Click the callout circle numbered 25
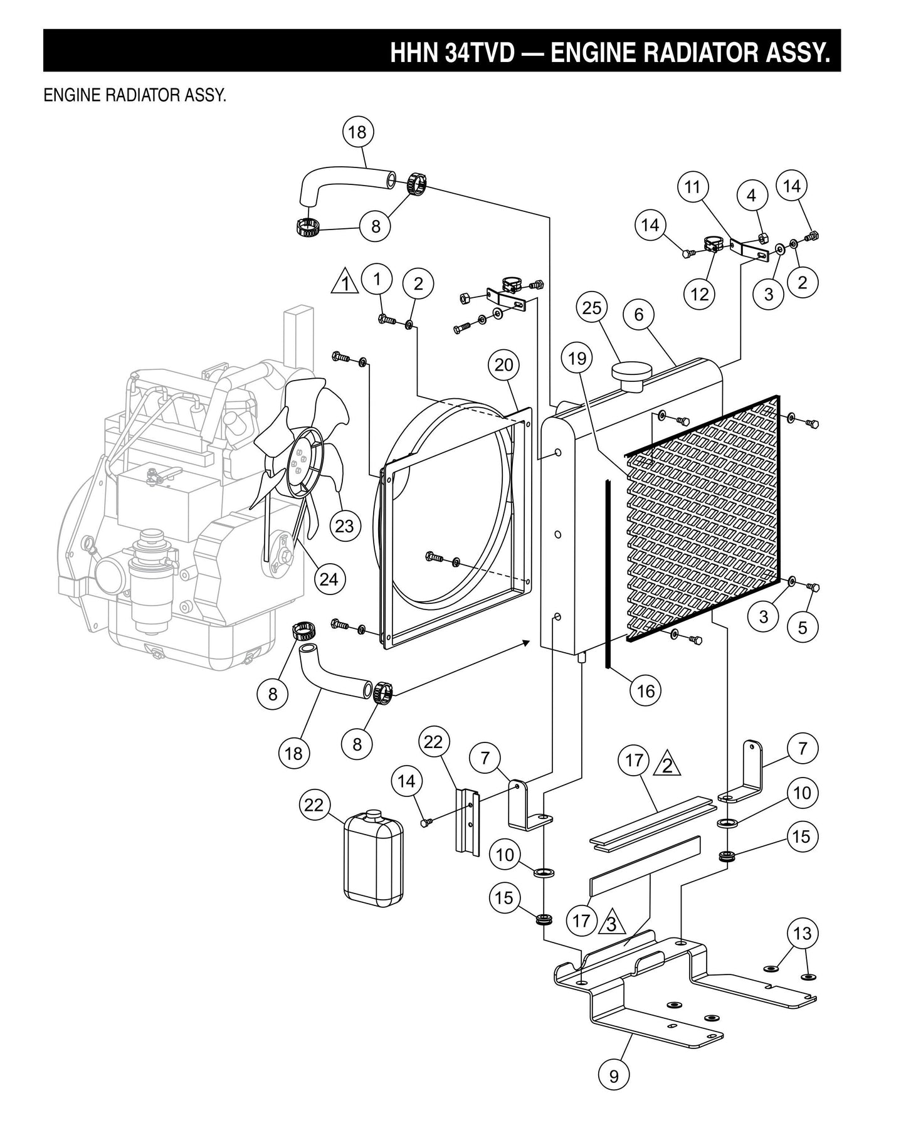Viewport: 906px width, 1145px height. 592,308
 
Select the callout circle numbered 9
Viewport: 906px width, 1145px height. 614,1075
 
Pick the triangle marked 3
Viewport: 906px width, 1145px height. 611,924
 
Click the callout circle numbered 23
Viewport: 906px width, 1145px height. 344,525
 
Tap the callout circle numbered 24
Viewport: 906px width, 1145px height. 329,579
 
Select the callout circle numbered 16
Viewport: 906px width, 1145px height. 645,690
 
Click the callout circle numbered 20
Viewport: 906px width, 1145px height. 504,364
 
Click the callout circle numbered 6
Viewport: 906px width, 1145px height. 639,314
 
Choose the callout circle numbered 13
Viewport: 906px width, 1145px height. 803,933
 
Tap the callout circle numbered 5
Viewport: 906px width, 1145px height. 803,628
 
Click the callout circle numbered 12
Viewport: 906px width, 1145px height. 699,293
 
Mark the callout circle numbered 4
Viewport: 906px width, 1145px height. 751,195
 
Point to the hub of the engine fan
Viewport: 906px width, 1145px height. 298,462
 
